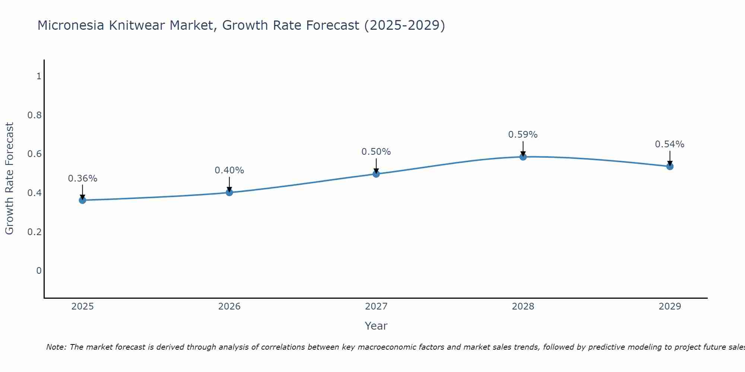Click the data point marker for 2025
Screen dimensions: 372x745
click(82, 200)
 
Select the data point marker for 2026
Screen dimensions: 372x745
click(229, 192)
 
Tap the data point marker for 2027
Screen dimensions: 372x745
click(376, 174)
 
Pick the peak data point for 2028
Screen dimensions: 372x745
click(523, 157)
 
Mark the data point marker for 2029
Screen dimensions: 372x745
click(669, 166)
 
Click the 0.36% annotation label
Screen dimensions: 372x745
click(82, 179)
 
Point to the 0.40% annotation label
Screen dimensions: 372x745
click(229, 170)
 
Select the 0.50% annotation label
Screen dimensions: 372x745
click(376, 152)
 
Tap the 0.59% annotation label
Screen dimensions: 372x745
click(523, 135)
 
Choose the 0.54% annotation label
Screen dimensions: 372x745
click(669, 144)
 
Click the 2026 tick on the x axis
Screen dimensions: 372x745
click(229, 307)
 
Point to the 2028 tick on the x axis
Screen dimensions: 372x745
click(523, 307)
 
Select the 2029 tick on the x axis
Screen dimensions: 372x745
click(669, 307)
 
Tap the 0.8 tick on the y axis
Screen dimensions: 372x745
click(34, 115)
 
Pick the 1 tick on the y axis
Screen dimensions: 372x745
click(39, 76)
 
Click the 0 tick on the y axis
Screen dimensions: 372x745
click(39, 271)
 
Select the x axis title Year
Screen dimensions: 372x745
click(376, 326)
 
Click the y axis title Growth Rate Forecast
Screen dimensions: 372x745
click(9, 179)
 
